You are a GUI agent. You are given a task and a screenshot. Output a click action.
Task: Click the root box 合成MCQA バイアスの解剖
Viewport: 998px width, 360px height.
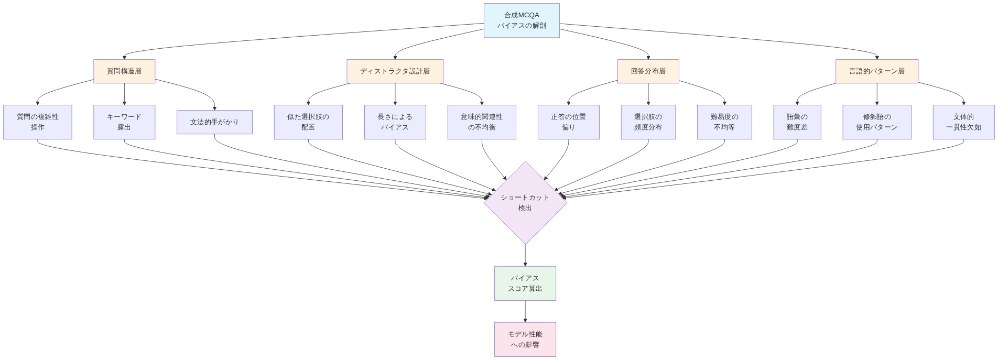tap(522, 20)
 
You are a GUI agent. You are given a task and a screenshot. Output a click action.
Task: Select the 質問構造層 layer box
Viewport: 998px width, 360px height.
tap(124, 71)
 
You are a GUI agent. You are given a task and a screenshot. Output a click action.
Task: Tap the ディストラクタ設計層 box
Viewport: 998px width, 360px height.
tap(395, 71)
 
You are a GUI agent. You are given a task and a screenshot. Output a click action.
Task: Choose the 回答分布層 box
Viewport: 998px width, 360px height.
tap(648, 71)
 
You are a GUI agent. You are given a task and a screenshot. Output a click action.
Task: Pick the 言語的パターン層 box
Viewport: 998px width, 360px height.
tap(876, 71)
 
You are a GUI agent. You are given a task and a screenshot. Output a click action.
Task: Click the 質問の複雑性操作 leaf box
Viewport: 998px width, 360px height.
tap(38, 122)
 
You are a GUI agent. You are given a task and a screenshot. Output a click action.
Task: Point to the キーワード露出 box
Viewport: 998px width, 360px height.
tap(124, 122)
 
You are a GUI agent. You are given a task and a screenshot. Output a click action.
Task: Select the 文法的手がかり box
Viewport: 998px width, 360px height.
tap(214, 122)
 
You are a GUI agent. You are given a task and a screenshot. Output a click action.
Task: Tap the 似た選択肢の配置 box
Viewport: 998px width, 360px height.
tap(308, 122)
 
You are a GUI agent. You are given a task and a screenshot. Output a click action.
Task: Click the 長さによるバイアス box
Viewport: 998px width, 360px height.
tap(395, 122)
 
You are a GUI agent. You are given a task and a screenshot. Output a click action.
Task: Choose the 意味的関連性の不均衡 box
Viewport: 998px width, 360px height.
tap(482, 122)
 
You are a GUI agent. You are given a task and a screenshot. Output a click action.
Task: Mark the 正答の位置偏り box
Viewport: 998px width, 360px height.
tap(568, 122)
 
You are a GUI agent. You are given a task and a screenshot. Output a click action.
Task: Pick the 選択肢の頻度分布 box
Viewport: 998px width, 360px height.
tap(648, 122)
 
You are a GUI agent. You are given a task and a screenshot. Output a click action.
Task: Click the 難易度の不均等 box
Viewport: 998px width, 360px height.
tap(724, 122)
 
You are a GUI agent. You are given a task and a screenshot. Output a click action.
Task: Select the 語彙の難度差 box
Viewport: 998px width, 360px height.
tap(797, 122)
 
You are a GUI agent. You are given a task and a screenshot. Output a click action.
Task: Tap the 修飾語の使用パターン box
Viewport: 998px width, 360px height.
tap(876, 122)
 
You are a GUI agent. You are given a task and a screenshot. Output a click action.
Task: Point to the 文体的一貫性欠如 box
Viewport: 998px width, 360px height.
tap(963, 122)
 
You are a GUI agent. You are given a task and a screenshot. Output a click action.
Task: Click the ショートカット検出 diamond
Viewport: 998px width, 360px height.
tap(525, 203)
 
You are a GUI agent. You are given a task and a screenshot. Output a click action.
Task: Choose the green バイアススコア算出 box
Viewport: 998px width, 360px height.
tap(525, 283)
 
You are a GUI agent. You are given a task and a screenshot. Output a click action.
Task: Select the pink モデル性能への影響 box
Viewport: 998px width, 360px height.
tap(525, 340)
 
